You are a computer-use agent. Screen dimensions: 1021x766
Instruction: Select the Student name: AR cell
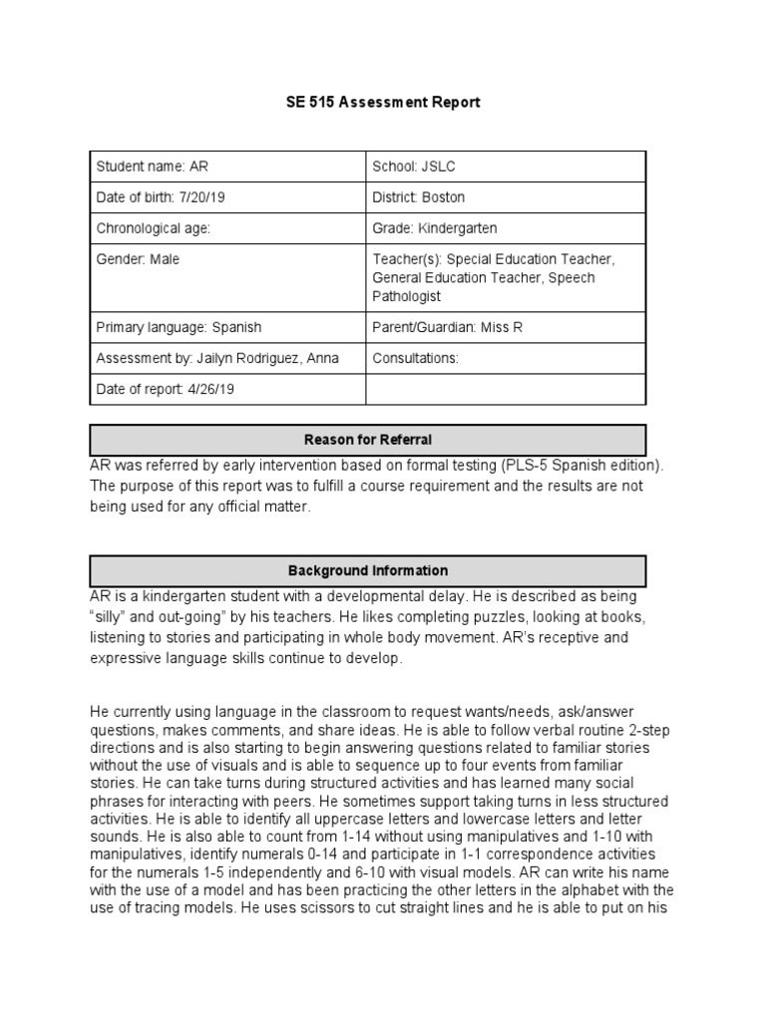click(153, 166)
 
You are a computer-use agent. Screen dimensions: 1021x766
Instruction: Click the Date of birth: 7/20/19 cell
click(161, 197)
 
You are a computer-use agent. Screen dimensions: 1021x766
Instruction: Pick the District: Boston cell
click(419, 197)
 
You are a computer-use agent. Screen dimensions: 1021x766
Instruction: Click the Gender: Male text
click(139, 259)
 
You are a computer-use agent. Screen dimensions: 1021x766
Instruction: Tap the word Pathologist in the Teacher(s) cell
click(408, 296)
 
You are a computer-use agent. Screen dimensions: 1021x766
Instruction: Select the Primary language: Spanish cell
click(179, 327)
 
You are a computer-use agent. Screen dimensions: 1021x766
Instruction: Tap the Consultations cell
click(415, 358)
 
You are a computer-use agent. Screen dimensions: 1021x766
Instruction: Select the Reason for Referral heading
click(368, 440)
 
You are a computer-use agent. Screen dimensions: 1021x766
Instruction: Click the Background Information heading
click(368, 571)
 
